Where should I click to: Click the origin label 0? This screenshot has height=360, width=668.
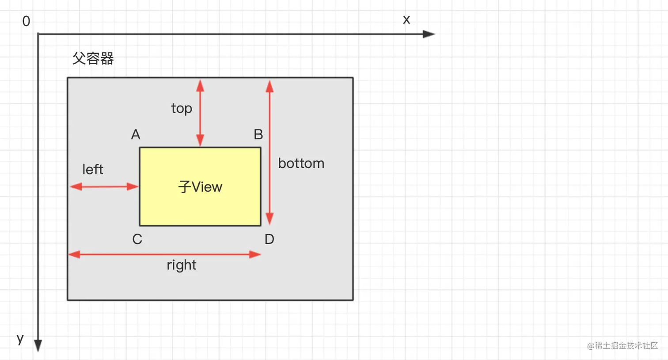point(26,21)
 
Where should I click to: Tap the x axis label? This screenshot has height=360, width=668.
point(406,20)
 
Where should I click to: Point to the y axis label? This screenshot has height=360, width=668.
point(20,339)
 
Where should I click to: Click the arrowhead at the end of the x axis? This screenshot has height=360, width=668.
point(429,34)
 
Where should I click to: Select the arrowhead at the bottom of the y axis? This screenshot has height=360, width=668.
point(38,345)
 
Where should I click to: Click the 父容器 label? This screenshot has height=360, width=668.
point(93,58)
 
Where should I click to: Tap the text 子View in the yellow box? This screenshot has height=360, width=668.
point(200,187)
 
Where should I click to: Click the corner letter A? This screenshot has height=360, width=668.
point(136,134)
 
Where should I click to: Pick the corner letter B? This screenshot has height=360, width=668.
point(258,134)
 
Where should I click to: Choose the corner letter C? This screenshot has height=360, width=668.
point(137,239)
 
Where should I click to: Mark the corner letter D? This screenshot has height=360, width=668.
point(269,239)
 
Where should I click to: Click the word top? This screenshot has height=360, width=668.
point(182,108)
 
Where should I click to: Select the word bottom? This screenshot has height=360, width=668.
point(301,163)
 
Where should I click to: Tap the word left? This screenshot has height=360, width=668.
point(93,169)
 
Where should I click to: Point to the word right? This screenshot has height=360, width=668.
point(182,265)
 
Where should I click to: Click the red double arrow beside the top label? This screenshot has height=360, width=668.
point(200,113)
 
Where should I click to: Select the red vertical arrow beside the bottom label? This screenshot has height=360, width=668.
point(269,152)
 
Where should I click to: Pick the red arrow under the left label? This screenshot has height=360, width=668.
point(104,186)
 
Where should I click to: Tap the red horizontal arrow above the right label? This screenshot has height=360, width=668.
point(164,254)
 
